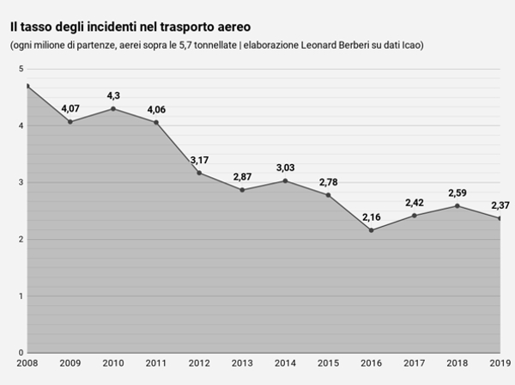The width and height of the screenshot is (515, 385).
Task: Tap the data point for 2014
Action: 286,180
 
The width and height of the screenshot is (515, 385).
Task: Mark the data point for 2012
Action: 199,173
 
